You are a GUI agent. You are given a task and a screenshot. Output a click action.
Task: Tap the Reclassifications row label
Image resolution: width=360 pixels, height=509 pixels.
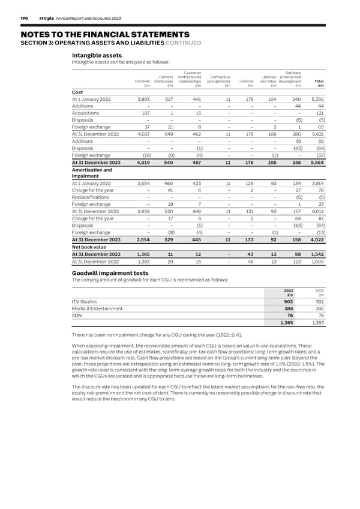tap(91, 197)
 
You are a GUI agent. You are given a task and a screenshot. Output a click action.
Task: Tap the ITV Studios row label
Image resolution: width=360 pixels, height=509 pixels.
tap(85, 301)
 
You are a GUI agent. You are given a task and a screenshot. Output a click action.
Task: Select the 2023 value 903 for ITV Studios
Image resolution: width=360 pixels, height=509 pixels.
tap(288, 301)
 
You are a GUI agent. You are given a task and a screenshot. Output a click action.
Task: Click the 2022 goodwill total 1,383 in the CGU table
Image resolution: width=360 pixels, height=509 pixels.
tap(317, 323)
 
